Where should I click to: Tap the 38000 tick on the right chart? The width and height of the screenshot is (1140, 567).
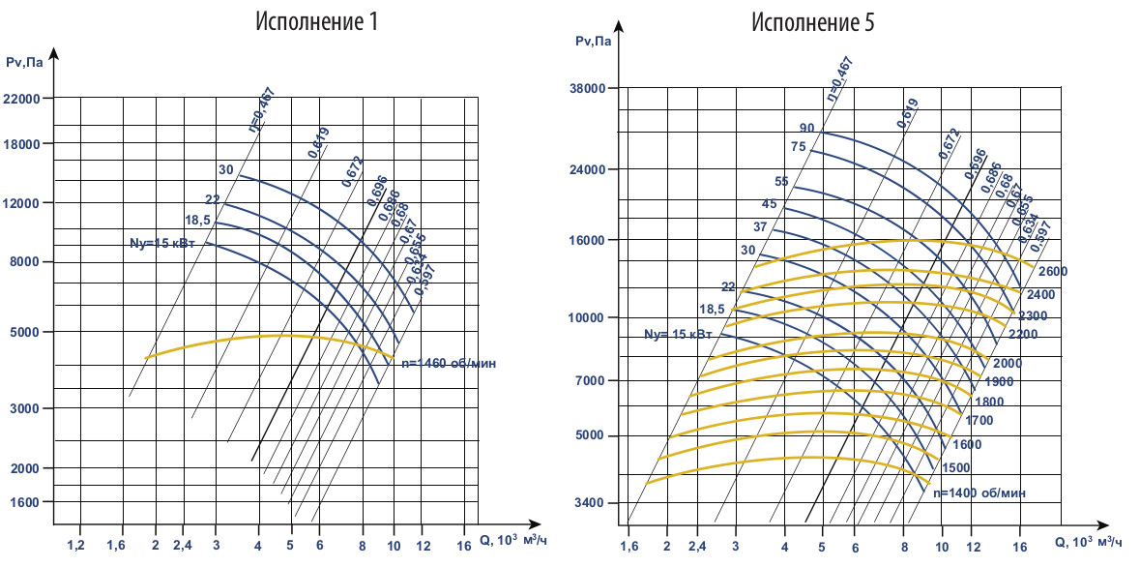click(583, 89)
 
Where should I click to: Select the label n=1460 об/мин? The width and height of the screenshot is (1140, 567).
click(448, 364)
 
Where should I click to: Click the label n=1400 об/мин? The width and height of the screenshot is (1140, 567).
click(979, 492)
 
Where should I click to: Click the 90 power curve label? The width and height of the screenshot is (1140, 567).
click(806, 128)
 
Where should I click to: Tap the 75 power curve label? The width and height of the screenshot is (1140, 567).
click(798, 147)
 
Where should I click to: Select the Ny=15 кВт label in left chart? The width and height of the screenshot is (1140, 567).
click(162, 244)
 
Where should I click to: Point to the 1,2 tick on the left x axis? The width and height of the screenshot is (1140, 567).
click(76, 547)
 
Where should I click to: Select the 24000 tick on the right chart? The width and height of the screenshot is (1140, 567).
click(583, 169)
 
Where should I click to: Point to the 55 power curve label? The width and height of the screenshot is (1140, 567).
click(781, 181)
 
